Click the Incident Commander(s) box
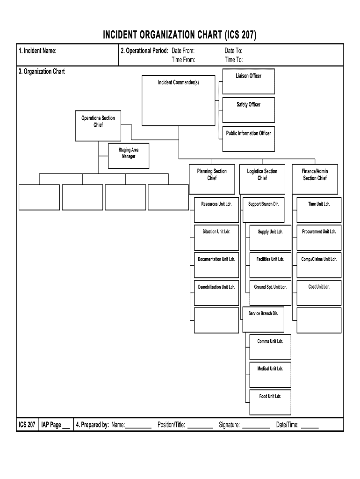click(178, 101)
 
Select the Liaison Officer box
click(248, 81)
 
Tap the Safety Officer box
click(248, 110)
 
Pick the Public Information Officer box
click(248, 138)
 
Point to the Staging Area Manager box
click(129, 156)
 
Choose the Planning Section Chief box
click(212, 179)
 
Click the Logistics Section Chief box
click(262, 179)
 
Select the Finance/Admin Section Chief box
click(315, 179)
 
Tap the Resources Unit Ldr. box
click(216, 210)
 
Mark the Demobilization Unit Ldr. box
click(216, 292)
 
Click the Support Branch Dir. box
click(263, 210)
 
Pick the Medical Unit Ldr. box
click(270, 374)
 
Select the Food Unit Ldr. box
click(270, 402)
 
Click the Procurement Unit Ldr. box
click(319, 237)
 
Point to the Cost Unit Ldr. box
click(319, 292)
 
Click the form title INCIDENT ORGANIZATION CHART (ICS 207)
click(180, 36)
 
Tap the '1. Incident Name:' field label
click(38, 51)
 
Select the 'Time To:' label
click(234, 59)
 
